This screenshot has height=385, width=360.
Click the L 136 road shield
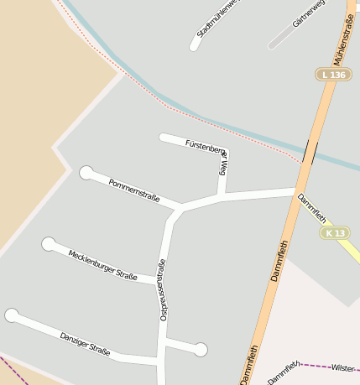pos(333,75)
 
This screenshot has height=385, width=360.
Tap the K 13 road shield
pos(336,232)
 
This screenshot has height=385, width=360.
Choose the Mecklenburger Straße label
pos(102,264)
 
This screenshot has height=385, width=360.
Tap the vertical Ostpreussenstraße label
pos(163,289)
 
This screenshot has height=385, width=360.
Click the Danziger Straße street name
pos(85,344)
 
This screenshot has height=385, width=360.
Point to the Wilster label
pos(342,367)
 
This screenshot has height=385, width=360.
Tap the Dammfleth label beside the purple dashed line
pos(284,371)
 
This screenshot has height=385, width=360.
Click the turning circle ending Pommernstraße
pos(86,173)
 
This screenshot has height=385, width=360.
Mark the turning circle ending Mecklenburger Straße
pos(49,244)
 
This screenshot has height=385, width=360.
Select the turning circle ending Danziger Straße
pos(12,315)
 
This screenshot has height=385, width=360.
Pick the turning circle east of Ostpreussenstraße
pos(201,349)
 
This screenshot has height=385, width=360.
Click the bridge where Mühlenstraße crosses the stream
pos(310,152)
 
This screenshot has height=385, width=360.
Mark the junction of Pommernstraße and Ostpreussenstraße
pos(179,208)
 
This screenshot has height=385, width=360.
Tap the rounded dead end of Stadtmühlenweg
pos(195,45)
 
